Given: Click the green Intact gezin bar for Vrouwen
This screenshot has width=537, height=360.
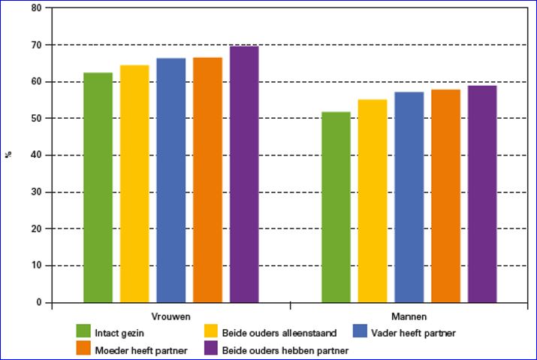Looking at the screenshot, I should tap(98, 188).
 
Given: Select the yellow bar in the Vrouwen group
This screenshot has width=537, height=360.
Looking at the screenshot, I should tap(134, 184).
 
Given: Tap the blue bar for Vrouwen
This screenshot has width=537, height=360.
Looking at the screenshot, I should tap(171, 180).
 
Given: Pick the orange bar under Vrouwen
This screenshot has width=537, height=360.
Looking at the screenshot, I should tap(207, 180).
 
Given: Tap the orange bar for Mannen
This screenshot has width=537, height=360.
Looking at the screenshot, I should tap(445, 196).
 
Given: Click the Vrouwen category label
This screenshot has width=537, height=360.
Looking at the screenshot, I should tap(170, 316).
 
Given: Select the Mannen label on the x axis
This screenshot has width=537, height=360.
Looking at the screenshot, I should tap(409, 316).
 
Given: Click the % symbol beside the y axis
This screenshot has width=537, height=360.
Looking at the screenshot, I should tap(10, 155).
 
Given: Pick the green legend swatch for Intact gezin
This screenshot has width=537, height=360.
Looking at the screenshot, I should tap(84, 332).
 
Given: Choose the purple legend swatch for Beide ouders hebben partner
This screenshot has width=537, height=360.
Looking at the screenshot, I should tap(211, 349).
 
